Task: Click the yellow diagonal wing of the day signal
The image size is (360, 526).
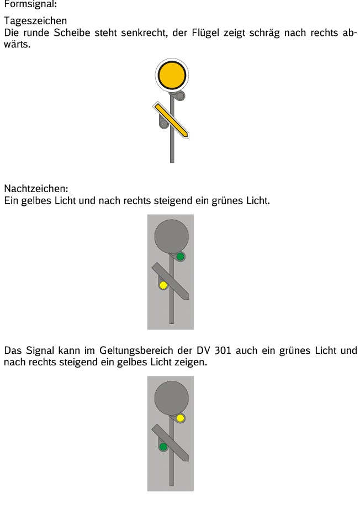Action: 172,119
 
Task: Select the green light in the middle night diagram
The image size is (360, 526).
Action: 181,257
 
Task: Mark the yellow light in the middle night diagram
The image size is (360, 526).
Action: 163,285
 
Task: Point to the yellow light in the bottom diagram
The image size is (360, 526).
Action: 181,418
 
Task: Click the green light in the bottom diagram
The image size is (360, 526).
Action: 163,446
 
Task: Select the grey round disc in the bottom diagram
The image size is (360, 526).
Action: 171,397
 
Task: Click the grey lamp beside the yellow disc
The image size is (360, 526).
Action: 181,96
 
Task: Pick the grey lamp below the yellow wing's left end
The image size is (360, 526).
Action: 163,124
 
